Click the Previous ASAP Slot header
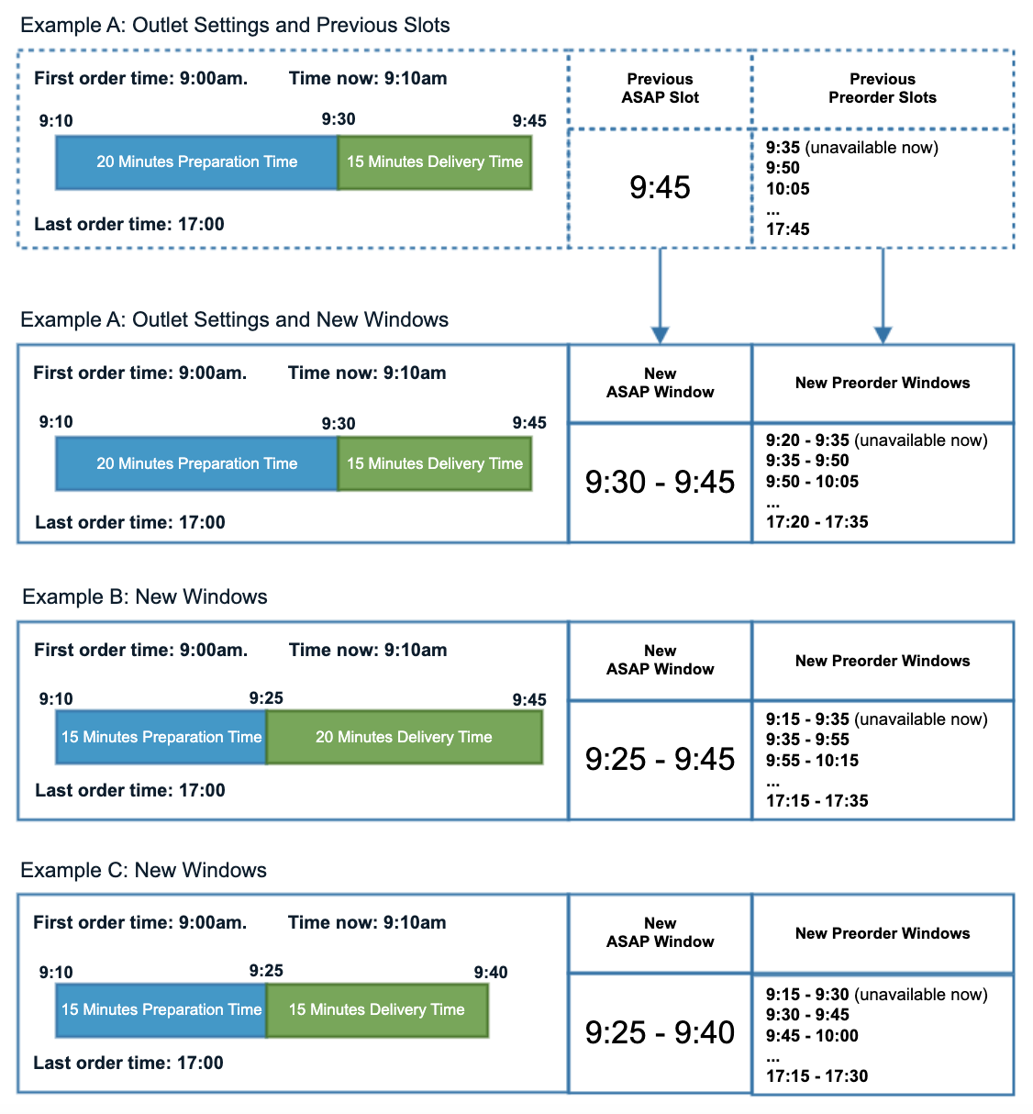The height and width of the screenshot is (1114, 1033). point(660,88)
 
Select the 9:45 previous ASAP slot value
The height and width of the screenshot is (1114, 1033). point(660,187)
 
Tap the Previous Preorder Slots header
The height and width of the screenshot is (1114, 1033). point(882,88)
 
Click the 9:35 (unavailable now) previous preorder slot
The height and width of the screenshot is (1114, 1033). point(851,148)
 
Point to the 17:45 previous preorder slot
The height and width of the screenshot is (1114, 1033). point(787,229)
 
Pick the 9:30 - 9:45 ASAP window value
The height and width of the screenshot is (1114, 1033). point(660,482)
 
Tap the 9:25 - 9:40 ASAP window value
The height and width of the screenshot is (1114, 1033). point(660,1032)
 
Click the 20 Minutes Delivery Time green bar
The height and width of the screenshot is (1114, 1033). point(404,737)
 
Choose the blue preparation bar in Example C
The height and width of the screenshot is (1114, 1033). point(161,1009)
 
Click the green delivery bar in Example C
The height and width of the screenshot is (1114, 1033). point(376,1009)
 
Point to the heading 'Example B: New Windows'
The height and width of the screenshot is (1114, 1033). point(145,596)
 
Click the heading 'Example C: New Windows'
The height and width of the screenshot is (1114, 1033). point(144,870)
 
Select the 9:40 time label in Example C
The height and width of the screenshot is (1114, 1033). point(490,972)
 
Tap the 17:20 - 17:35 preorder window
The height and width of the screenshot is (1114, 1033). point(816,522)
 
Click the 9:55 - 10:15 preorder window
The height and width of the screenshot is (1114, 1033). point(812,761)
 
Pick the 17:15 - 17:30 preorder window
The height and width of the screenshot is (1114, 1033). point(816,1076)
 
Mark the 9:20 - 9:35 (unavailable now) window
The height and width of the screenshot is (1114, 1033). point(876,440)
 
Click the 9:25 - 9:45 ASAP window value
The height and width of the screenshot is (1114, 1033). point(660,759)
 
